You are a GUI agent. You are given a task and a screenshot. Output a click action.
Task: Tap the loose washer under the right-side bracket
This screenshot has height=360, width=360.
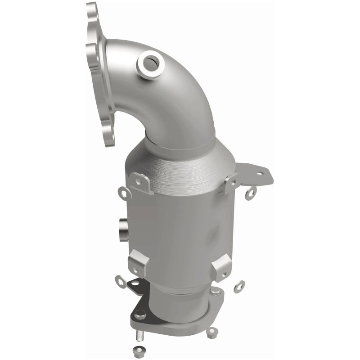pyautogui.click(x=251, y=193)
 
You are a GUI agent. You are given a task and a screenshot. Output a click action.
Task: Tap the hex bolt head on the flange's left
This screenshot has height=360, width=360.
pyautogui.click(x=140, y=314)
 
